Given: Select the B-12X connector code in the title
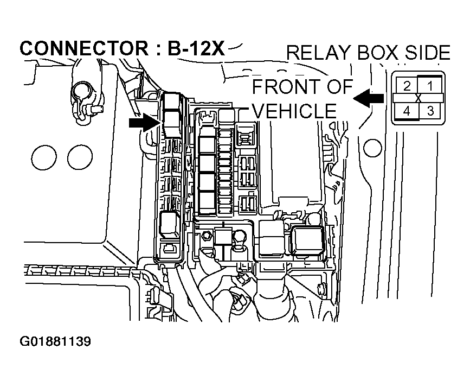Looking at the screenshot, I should point(194,48).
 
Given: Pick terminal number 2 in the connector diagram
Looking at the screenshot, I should point(406,85).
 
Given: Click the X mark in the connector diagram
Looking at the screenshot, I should point(419,98).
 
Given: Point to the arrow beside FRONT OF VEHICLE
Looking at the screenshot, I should point(369,98).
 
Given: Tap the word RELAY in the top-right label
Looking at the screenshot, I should point(320,53).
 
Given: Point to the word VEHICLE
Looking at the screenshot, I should point(295,111).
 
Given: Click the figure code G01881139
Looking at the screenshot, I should point(55,342).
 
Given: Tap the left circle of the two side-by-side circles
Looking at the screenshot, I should point(44,157).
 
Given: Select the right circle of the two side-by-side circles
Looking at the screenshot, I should point(80,157).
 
